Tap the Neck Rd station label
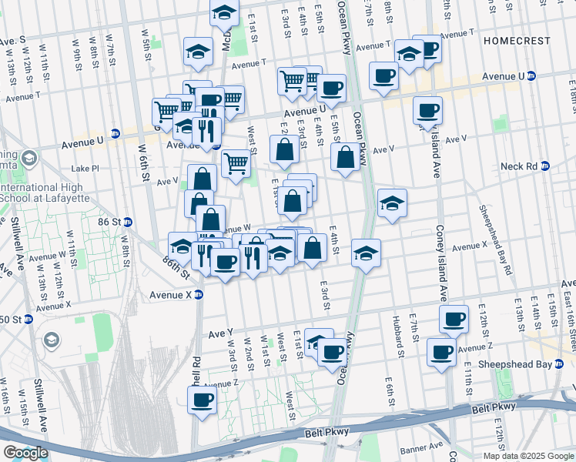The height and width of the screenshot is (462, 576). (519, 166)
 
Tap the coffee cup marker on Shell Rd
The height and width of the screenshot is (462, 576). (203, 400)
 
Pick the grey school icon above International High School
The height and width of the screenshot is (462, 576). (29, 159)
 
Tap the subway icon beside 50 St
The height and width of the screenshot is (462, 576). (28, 319)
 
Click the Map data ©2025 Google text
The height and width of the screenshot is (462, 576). (529, 456)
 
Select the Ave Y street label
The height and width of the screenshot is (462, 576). (221, 333)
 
